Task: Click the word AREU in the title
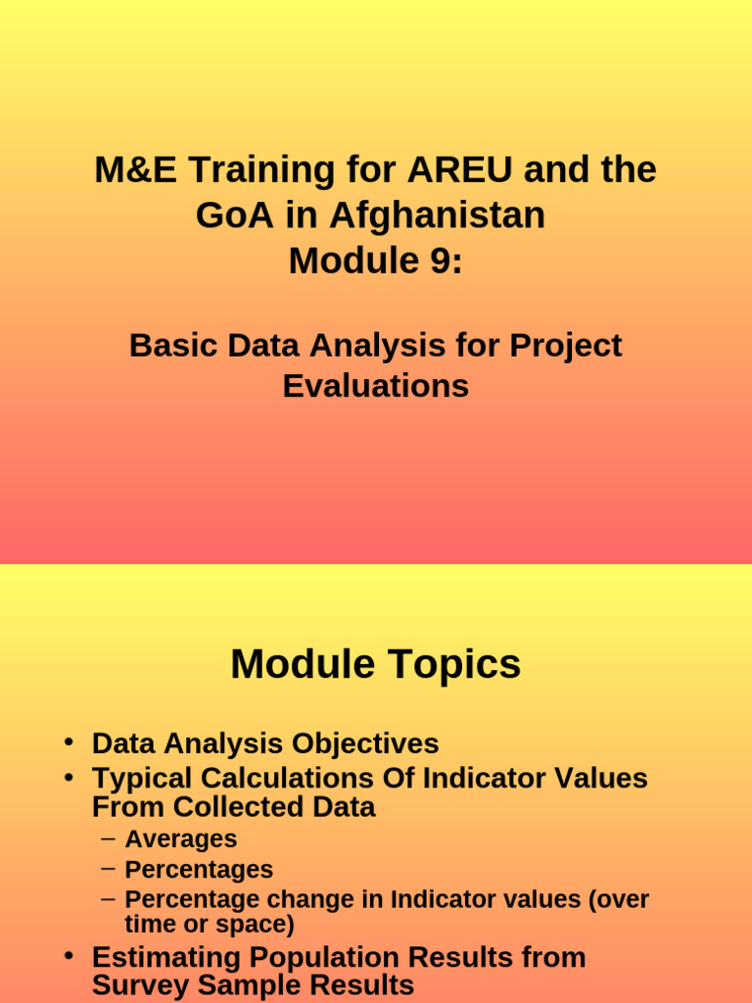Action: click(460, 169)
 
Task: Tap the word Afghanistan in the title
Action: click(438, 215)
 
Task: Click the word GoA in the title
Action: click(234, 215)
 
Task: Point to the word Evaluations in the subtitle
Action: click(376, 386)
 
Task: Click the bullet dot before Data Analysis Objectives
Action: click(70, 742)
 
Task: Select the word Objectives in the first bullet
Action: click(365, 744)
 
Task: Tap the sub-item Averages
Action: click(181, 839)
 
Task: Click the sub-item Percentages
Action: click(199, 870)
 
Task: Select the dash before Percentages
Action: click(109, 868)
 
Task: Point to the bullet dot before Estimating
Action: click(70, 956)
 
